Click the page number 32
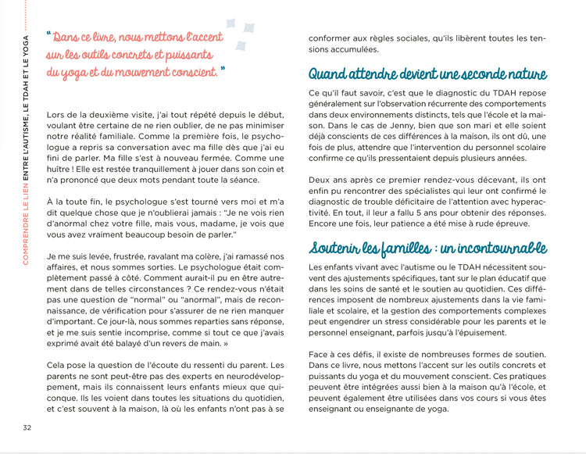(x=27, y=427)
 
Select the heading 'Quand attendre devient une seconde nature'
(x=427, y=75)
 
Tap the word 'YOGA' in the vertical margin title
(x=27, y=46)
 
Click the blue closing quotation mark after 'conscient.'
(x=223, y=70)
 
